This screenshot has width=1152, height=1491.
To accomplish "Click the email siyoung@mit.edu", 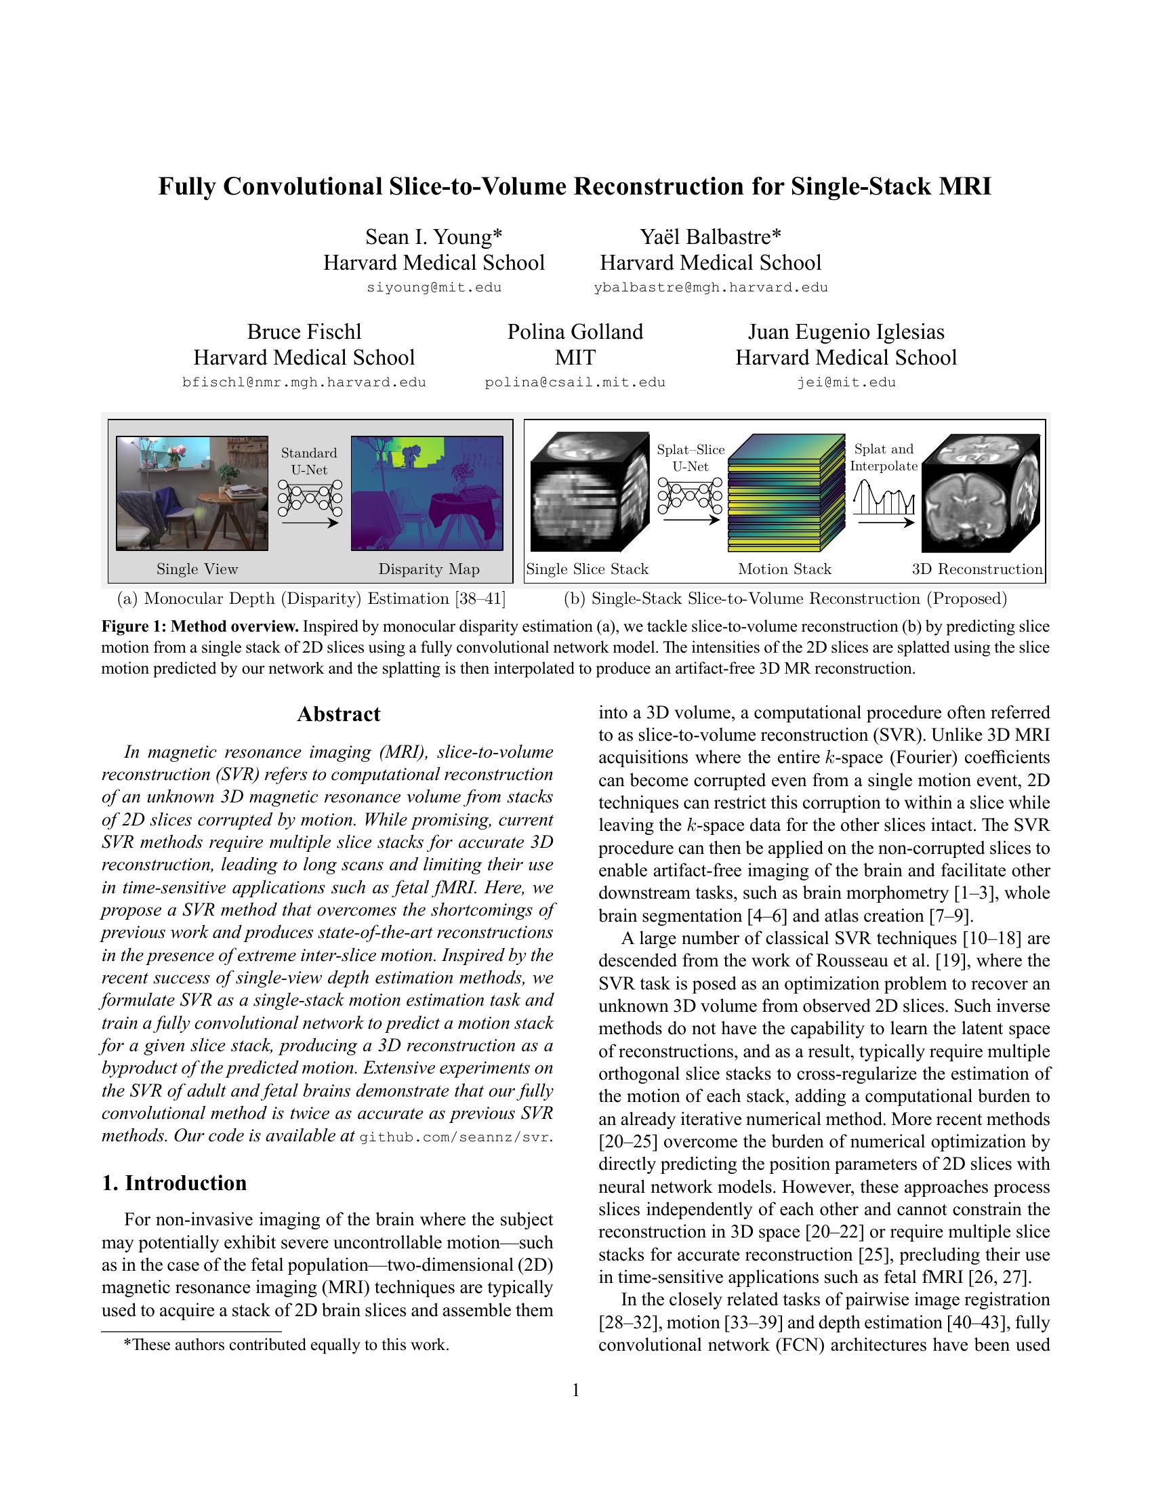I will click(434, 287).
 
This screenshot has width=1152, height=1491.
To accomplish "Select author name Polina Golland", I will click(575, 332).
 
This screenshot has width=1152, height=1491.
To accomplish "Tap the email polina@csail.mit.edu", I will click(575, 382).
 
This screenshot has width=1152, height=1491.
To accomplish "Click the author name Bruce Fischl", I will click(304, 332).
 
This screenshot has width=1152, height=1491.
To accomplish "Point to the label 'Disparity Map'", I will click(428, 569).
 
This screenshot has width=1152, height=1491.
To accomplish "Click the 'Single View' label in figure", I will click(197, 569).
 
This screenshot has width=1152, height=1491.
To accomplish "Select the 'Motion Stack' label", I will click(784, 569).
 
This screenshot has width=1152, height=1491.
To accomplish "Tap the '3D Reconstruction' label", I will click(976, 569).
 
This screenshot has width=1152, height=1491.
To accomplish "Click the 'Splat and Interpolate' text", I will click(883, 457).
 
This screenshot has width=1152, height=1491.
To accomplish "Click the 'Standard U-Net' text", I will click(309, 462).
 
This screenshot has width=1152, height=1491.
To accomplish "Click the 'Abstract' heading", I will click(339, 714).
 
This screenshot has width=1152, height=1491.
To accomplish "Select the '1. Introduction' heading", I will click(174, 1183).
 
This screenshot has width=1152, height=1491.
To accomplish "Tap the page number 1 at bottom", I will click(575, 1390).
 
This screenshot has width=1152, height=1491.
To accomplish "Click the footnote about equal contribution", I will click(285, 1345).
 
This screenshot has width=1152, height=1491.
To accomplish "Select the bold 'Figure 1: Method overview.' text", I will click(200, 627).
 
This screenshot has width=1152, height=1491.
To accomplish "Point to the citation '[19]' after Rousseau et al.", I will click(949, 960).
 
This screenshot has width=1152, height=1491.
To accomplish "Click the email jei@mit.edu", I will click(846, 382).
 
